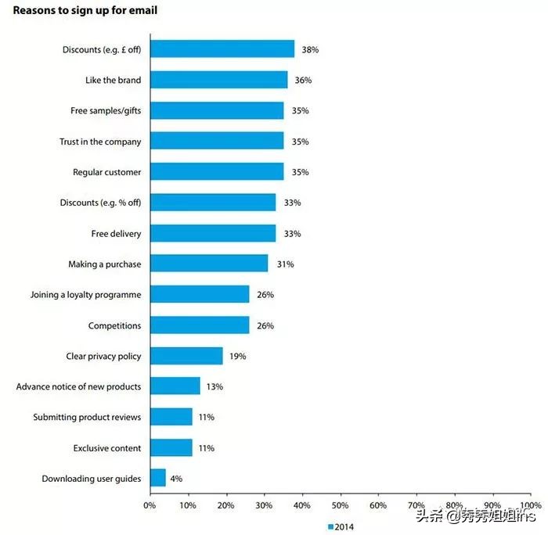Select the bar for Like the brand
tap(218, 80)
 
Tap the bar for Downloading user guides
tap(157, 478)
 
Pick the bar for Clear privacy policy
tap(186, 356)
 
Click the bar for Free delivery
tap(212, 233)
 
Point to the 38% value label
tap(309, 49)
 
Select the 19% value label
tap(237, 356)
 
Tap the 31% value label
tap(284, 264)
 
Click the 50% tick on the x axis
tap(340, 505)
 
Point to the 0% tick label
tap(150, 505)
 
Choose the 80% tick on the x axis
tap(454, 505)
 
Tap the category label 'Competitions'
tap(114, 325)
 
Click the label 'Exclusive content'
tap(107, 448)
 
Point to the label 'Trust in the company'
tap(100, 142)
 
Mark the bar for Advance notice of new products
tap(175, 386)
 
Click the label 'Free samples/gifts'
tap(106, 111)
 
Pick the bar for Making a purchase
tap(208, 264)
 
